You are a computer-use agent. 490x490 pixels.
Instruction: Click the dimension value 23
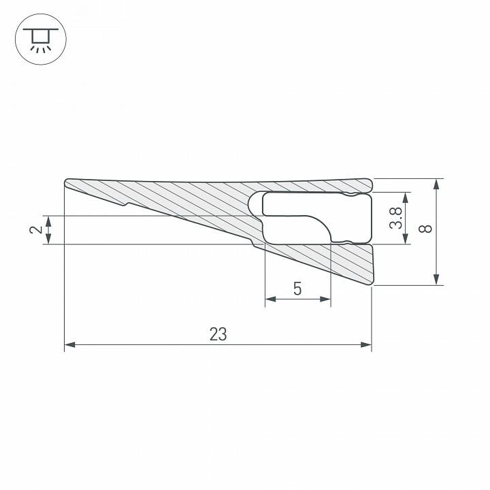(x=218, y=334)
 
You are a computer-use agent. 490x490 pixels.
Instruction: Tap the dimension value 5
(x=297, y=289)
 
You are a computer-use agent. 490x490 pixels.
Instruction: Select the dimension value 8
(x=427, y=229)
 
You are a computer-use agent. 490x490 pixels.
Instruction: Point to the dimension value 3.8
(x=395, y=218)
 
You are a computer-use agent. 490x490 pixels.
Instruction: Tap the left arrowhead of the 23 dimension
(x=69, y=345)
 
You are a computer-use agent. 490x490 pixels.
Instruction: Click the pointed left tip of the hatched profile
(x=66, y=182)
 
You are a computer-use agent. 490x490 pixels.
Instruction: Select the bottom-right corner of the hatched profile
(x=372, y=284)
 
